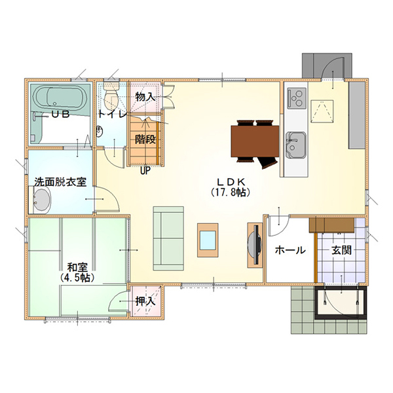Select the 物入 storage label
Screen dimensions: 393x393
point(145,97)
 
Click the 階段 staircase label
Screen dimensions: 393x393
point(145,139)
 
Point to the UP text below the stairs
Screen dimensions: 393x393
point(145,171)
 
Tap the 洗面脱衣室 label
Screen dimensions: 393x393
point(60,182)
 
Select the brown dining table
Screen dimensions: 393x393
point(255,141)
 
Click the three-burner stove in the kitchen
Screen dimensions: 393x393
point(297,98)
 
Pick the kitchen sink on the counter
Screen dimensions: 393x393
point(296,145)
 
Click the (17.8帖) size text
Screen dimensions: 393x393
point(230,192)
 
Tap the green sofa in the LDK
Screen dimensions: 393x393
point(168,238)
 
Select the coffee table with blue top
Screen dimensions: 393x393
point(208,240)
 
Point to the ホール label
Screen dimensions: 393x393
point(290,250)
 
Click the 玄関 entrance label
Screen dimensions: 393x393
point(341,250)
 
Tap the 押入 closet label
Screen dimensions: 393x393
point(145,301)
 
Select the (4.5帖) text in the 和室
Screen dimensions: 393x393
point(77,278)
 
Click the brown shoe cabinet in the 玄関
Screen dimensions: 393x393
point(331,225)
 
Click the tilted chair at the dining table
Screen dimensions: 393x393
point(268,162)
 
